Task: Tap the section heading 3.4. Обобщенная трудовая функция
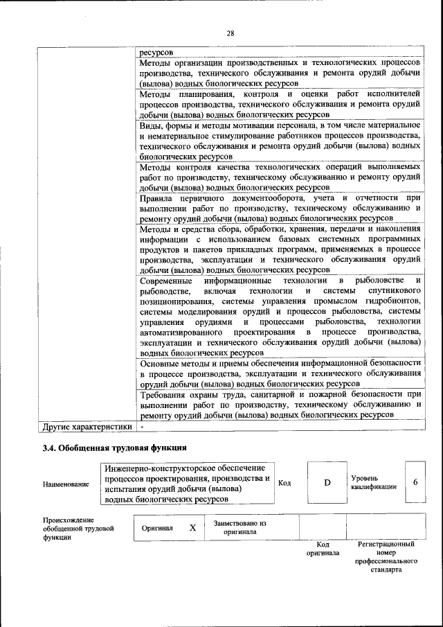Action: (115, 448)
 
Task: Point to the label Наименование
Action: (66, 484)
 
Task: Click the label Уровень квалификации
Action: (374, 482)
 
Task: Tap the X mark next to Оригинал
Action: (192, 527)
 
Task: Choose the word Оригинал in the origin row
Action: (156, 527)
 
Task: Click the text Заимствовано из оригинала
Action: (240, 527)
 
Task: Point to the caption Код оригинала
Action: (323, 549)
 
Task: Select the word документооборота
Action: (232, 199)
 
